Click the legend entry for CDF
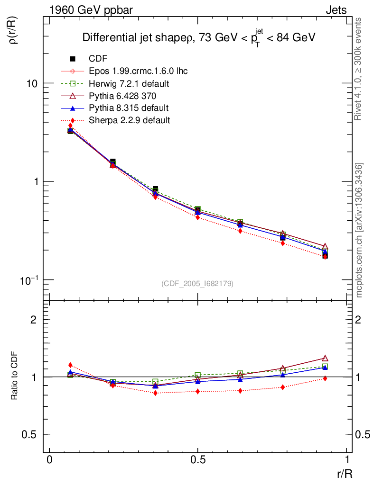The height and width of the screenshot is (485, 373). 98,59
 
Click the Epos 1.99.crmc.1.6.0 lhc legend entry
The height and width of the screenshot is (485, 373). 138,72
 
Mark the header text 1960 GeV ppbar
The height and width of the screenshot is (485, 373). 83,10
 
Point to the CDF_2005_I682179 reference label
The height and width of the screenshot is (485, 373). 197,283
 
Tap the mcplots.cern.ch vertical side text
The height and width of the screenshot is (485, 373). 359,230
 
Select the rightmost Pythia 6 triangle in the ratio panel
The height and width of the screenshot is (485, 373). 325,358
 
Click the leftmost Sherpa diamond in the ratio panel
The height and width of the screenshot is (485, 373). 71,365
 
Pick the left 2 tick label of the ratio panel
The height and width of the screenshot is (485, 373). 34,319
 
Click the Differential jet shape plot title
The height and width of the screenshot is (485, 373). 199,38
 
